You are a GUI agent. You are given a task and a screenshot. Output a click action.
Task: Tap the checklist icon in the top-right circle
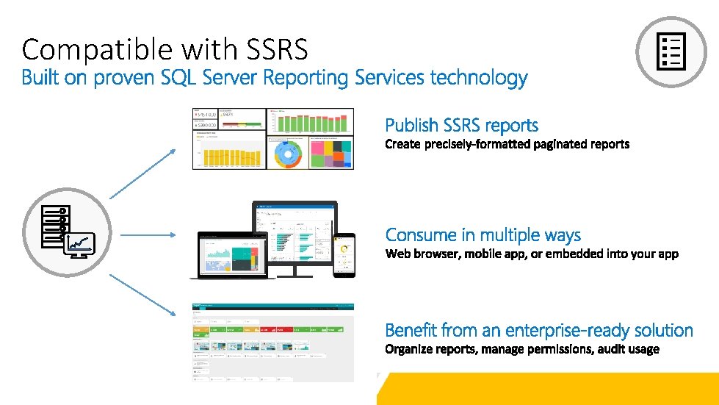click(671, 51)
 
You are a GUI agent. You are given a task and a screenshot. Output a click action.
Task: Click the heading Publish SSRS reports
click(461, 126)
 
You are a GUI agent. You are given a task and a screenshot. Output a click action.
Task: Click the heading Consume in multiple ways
click(483, 235)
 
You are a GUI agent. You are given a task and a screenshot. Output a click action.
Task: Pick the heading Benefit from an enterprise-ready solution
click(538, 330)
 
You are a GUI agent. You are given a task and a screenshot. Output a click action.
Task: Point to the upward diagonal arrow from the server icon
click(142, 173)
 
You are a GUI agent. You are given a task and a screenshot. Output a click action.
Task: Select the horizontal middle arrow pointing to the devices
click(148, 235)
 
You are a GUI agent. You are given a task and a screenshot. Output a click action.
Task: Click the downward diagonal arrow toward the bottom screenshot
click(142, 294)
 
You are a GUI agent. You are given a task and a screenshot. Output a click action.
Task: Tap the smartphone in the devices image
click(343, 256)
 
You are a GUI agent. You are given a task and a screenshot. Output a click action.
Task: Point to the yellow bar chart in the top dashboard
click(228, 155)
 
